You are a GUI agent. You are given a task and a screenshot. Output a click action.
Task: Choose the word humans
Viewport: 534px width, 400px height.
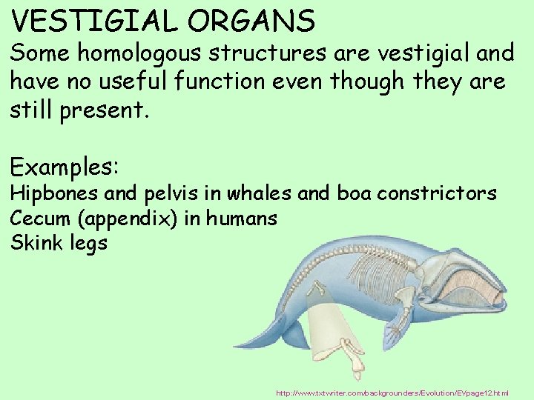pyautogui.click(x=242, y=219)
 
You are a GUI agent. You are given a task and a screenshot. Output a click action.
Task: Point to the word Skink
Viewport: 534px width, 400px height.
pyautogui.click(x=34, y=243)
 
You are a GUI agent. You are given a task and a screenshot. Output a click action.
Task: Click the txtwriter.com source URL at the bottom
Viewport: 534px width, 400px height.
pyautogui.click(x=392, y=393)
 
